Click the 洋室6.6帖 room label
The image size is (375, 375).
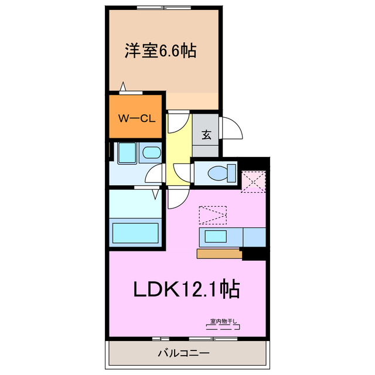point(159,51)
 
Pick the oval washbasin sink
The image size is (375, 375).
point(151,154)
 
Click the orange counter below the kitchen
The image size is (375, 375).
point(219,254)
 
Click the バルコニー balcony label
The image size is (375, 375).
point(183,353)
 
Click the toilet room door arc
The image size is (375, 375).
point(183,173)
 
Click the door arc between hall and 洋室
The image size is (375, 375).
point(178,121)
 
